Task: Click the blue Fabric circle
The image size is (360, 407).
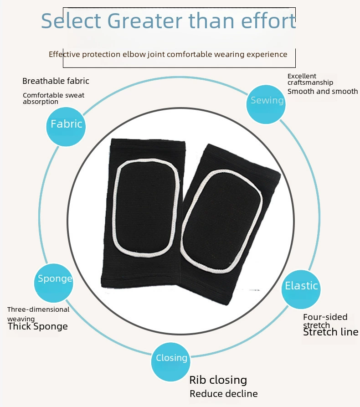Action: [x=66, y=126]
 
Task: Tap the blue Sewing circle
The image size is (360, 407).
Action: [x=266, y=104]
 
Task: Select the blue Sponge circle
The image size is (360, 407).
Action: [x=54, y=283]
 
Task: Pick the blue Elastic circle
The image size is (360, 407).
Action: [x=301, y=289]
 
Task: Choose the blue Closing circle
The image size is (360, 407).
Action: [x=171, y=362]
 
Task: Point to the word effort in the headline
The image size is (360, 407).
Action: [x=268, y=21]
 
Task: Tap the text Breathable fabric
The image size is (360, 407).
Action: [x=56, y=81]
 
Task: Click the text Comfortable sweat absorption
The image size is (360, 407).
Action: [x=53, y=98]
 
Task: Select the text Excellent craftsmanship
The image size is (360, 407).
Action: [x=310, y=79]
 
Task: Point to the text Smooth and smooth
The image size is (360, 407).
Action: [x=323, y=91]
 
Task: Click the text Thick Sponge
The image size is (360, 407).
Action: [x=38, y=326]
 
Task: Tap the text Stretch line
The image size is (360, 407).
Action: [x=331, y=332]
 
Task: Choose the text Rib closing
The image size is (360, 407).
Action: [x=218, y=380]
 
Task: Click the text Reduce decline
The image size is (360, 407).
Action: [x=223, y=394]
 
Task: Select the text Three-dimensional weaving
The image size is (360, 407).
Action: [x=38, y=314]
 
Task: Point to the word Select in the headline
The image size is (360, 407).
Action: [x=71, y=21]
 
